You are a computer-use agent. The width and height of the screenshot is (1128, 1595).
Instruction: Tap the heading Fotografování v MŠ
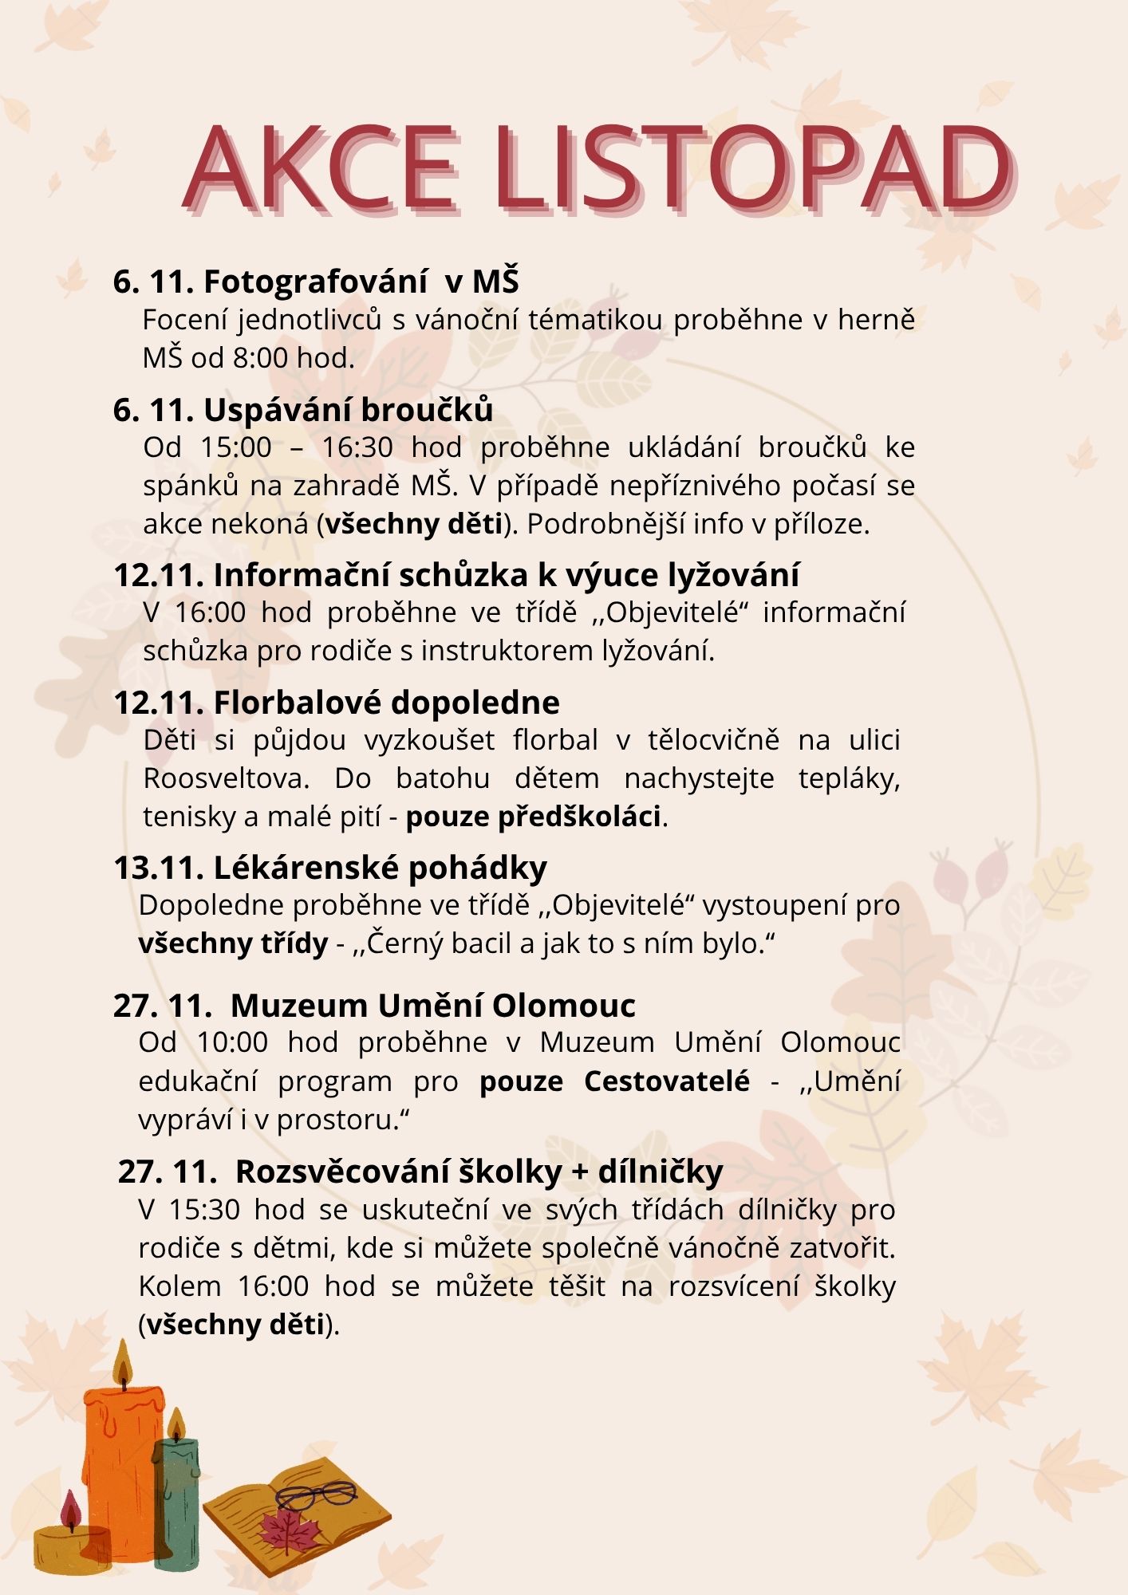click(361, 282)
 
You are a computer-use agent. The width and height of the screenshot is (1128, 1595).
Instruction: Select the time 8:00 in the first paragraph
click(260, 358)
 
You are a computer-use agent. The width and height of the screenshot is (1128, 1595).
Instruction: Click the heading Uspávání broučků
click(348, 409)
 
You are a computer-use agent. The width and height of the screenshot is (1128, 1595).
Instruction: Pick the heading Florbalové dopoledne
click(386, 703)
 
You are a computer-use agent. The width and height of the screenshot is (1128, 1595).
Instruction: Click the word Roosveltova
click(226, 778)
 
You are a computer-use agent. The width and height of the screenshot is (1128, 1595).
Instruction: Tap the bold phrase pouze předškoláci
click(534, 817)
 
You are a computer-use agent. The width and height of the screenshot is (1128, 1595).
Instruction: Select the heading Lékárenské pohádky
click(380, 867)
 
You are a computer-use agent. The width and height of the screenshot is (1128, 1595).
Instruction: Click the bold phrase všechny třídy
click(233, 943)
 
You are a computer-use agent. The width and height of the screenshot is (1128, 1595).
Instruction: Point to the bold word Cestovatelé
click(666, 1081)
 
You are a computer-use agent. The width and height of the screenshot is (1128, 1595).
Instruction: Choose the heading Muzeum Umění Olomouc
click(432, 1006)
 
